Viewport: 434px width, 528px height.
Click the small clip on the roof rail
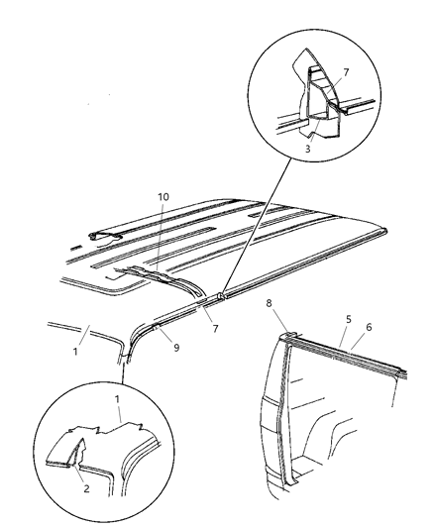click(x=222, y=295)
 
